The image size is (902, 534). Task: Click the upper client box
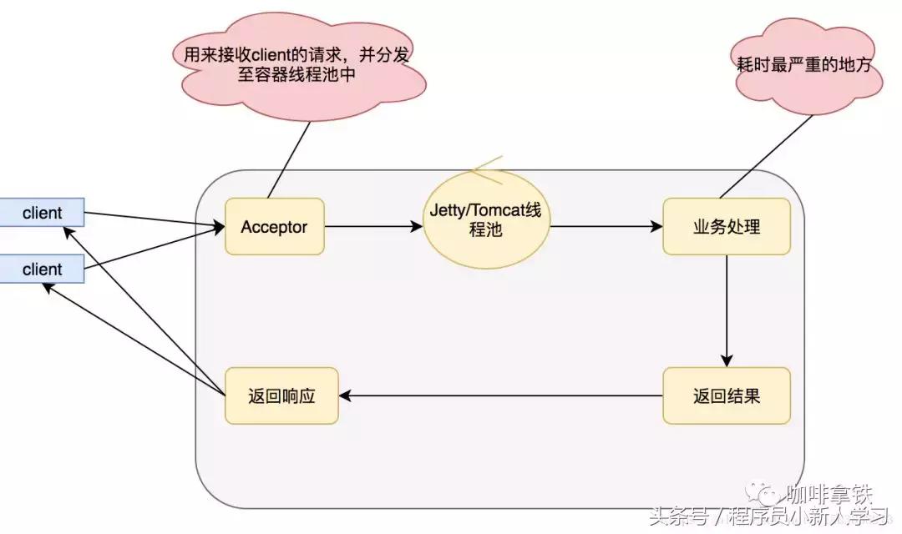(x=42, y=213)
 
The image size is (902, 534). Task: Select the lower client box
(x=42, y=269)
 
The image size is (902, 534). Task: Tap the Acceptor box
(x=274, y=226)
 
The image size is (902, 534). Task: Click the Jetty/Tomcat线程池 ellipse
(x=486, y=219)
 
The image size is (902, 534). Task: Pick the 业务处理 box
(x=726, y=226)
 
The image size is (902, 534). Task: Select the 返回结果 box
(x=726, y=395)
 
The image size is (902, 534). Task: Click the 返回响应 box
(x=281, y=395)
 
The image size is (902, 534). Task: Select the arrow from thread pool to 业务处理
(x=606, y=226)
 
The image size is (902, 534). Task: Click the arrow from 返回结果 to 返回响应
(x=501, y=395)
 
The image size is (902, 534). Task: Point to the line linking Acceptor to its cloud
(x=288, y=159)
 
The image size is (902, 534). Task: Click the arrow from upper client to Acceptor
(x=155, y=219)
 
